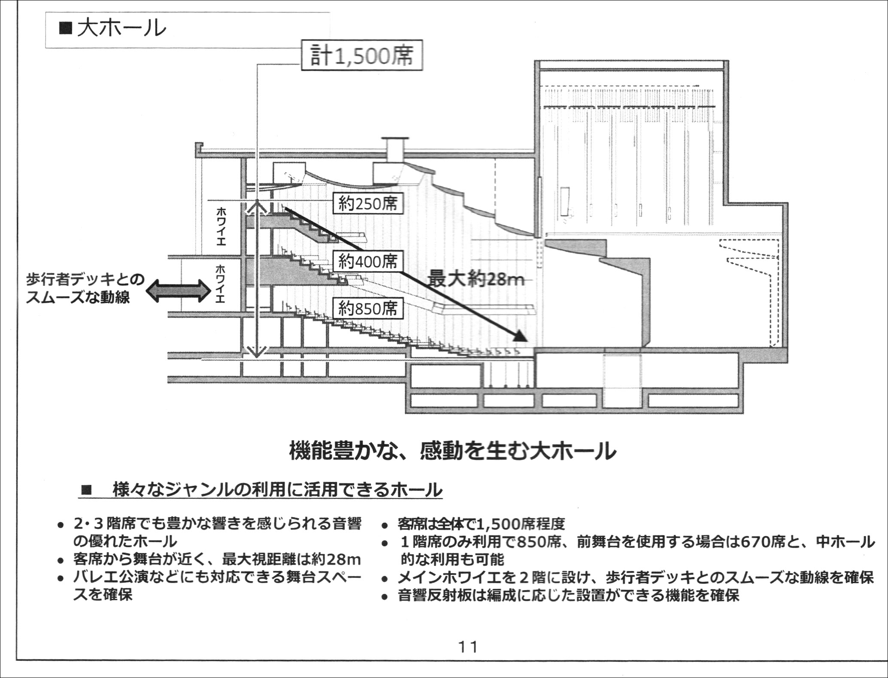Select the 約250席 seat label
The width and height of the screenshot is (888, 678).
pos(368,203)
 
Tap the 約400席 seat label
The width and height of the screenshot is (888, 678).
pos(368,261)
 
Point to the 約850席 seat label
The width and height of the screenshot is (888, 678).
pos(368,308)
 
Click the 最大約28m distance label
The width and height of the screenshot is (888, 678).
pos(476,280)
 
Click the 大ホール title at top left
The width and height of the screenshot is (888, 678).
pos(112,29)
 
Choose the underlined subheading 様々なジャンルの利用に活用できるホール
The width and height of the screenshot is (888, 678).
pos(277,490)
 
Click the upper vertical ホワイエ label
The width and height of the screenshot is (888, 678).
pos(221,226)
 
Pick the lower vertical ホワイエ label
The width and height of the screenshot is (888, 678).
pos(220,284)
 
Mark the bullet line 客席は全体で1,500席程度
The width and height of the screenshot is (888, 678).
pos(481,524)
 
